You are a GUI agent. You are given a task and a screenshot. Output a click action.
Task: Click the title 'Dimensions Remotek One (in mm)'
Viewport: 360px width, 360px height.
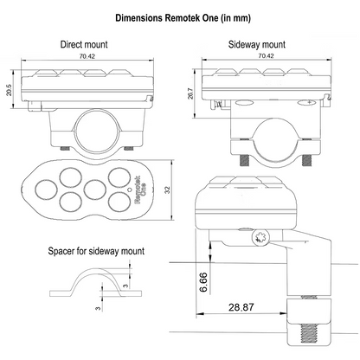click(183, 18)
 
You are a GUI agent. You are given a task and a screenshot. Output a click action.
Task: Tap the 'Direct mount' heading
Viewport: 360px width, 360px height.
click(84, 44)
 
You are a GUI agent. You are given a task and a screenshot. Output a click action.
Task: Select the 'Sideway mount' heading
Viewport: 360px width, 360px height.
click(257, 44)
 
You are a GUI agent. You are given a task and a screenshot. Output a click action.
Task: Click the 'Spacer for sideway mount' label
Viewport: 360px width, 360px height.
click(96, 251)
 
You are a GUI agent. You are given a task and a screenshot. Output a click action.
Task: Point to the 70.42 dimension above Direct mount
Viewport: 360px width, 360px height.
click(87, 56)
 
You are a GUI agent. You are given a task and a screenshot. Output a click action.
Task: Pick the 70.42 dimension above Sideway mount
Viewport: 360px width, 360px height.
click(266, 55)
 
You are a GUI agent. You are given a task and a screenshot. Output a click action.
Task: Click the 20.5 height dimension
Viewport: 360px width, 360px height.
click(9, 90)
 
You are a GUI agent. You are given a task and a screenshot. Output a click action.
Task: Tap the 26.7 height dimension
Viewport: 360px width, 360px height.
click(190, 93)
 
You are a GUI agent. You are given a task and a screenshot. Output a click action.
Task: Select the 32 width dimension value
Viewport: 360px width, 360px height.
click(167, 190)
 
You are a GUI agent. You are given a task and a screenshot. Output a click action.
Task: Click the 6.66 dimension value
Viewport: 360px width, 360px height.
click(203, 282)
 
